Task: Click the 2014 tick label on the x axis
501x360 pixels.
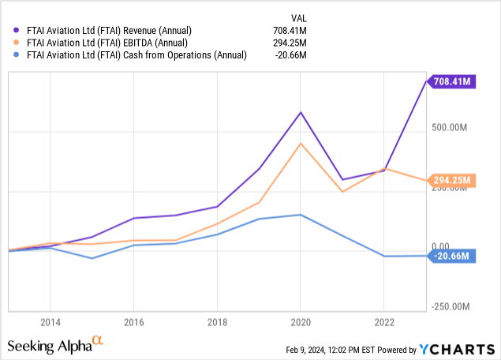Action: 50,323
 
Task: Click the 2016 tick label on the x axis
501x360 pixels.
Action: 133,323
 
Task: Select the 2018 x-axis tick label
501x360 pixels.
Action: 217,323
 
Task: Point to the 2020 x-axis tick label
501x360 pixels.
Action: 301,323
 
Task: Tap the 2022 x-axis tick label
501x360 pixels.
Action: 384,323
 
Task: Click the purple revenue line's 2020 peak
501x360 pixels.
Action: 301,112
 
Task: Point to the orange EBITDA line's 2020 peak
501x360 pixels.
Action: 301,143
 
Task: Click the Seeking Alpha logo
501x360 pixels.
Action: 55,345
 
